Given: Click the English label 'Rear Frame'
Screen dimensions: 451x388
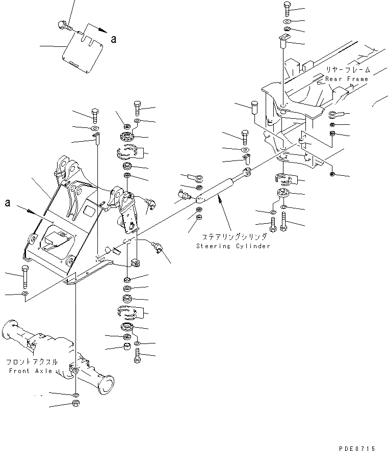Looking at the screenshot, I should [x=346, y=79].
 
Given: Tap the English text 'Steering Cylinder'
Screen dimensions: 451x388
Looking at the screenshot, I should [x=233, y=246].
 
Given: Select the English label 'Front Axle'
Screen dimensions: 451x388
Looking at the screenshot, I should [x=31, y=371].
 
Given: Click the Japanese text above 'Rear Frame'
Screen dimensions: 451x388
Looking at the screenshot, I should [x=349, y=69].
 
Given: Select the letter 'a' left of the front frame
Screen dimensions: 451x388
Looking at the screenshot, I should [x=7, y=203].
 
